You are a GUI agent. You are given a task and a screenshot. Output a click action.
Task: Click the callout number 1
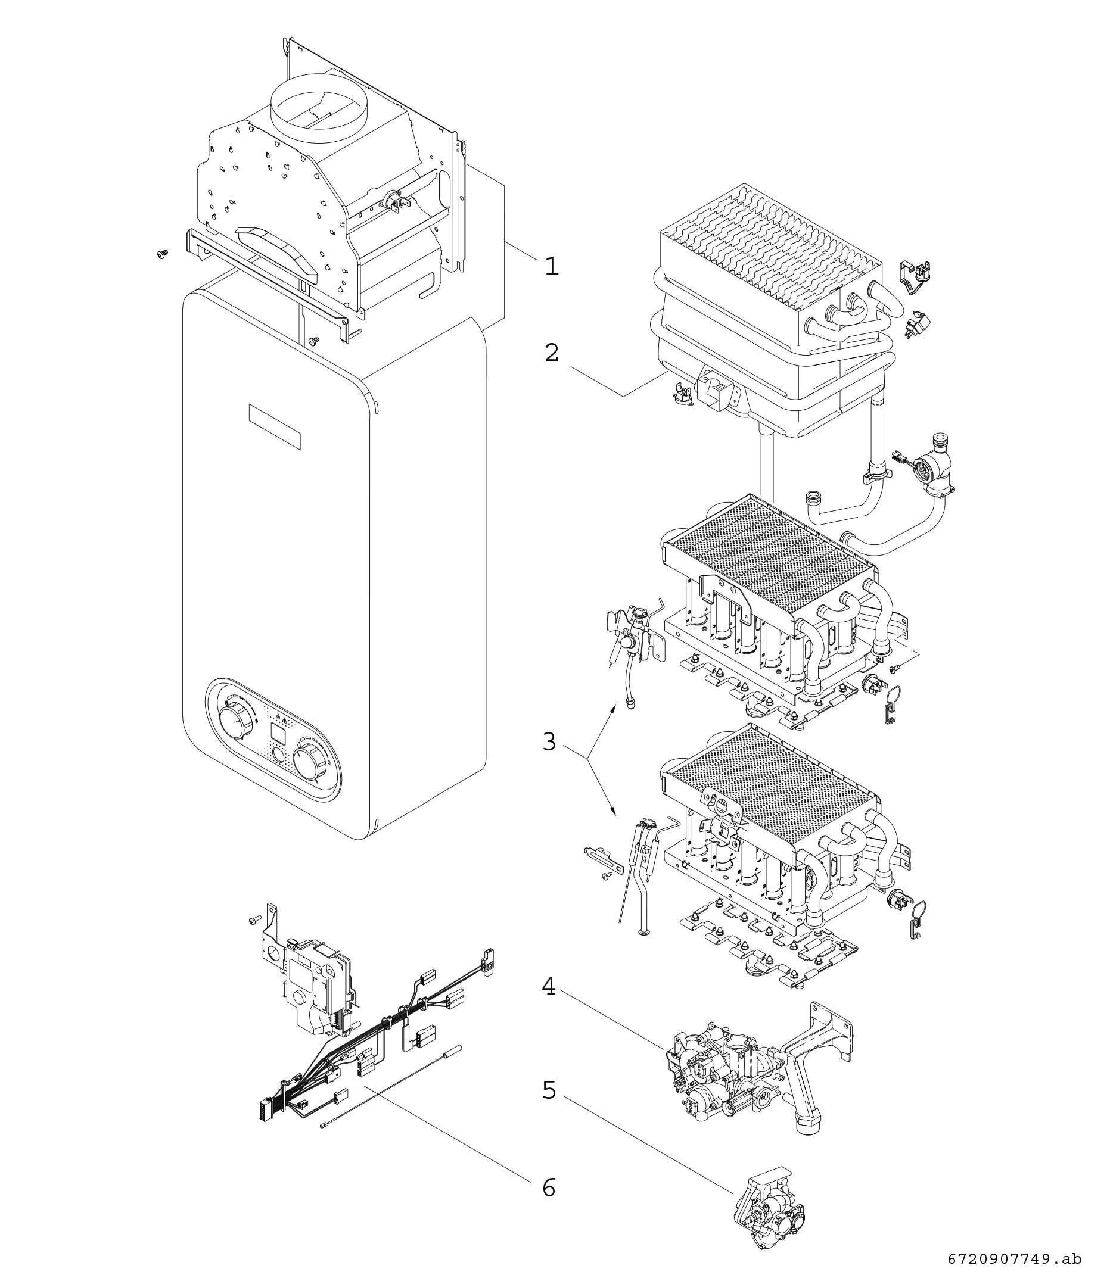(551, 266)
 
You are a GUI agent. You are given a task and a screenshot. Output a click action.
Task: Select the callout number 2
(551, 353)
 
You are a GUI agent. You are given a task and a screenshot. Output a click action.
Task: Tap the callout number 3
(550, 741)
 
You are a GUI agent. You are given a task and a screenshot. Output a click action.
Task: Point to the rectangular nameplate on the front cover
(273, 426)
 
